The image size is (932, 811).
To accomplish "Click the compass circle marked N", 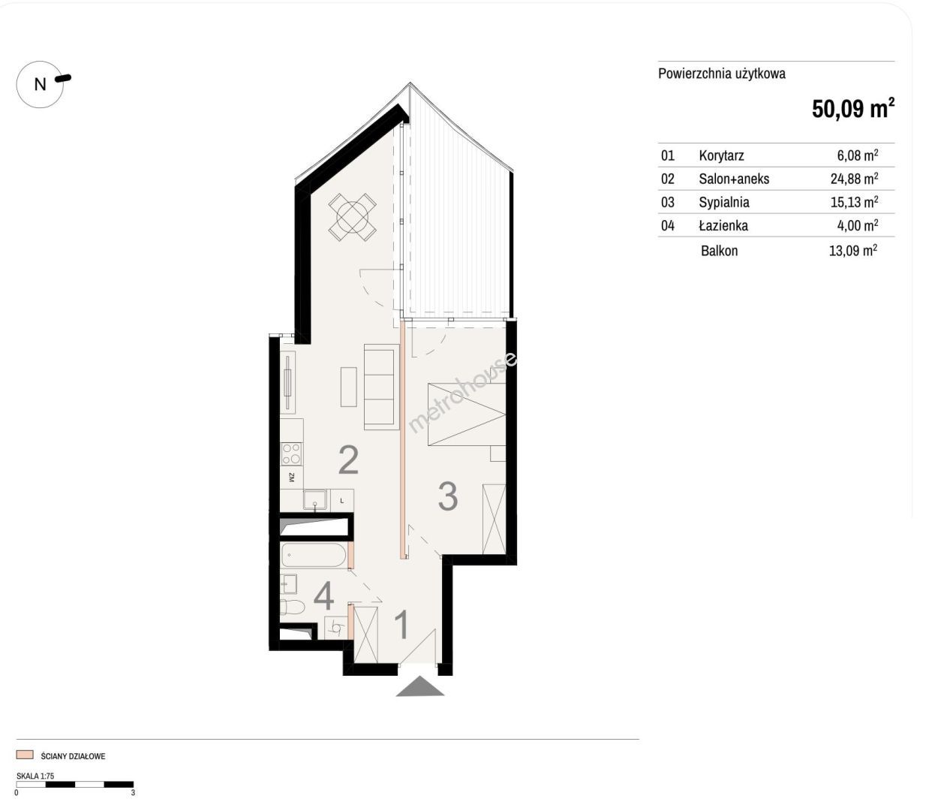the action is [40, 84].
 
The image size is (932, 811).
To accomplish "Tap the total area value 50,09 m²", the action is [852, 108].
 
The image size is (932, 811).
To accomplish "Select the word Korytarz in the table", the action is [721, 155].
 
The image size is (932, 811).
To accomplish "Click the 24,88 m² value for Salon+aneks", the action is [854, 178].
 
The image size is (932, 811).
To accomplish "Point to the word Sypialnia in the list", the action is [724, 202].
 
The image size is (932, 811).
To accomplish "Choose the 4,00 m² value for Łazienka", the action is [857, 225].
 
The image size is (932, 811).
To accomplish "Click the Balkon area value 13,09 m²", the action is [853, 250].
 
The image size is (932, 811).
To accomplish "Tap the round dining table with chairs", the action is [352, 217].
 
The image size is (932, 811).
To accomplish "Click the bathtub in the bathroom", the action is [314, 555].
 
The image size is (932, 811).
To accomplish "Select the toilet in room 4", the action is [292, 607].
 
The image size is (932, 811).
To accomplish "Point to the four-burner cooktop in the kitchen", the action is [292, 454].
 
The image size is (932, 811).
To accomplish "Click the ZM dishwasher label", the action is [291, 478].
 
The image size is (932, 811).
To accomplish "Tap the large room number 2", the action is [348, 460].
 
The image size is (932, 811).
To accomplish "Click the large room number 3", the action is [447, 496].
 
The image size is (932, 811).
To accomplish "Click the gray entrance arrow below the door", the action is [419, 686].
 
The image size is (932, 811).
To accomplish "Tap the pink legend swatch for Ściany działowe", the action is [25, 755].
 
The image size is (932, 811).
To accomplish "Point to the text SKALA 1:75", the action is [35, 776].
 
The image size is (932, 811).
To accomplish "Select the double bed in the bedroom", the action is [467, 415].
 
